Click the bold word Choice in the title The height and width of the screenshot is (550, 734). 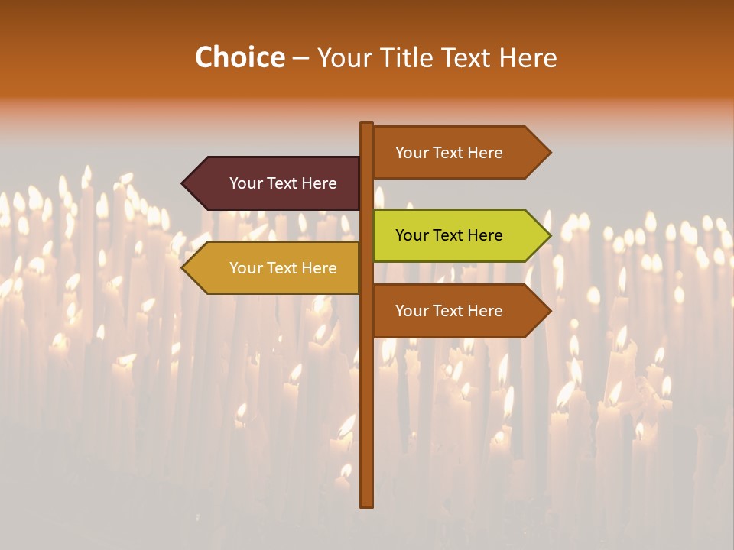click(239, 57)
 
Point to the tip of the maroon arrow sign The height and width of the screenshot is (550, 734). click(183, 183)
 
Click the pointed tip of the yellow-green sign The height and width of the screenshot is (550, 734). click(550, 235)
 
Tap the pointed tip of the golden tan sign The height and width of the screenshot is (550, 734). click(183, 268)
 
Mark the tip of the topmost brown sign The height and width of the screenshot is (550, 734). click(550, 153)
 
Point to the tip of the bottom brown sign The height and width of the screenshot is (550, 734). click(550, 311)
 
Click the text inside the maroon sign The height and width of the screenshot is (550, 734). click(283, 183)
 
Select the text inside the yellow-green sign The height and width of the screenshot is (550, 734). click(449, 235)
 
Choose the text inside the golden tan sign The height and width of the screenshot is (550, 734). click(283, 268)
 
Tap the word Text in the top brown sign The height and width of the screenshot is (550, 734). click(449, 153)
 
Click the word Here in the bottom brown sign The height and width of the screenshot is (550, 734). click(485, 311)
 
